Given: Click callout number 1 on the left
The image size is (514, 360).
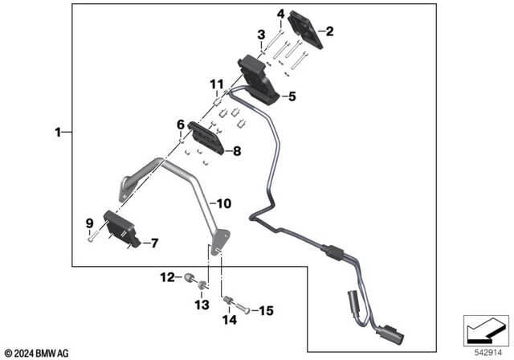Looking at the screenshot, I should (57, 131).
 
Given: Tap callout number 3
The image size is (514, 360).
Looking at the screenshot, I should (260, 35).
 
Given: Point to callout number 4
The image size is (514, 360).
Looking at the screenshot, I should (280, 14).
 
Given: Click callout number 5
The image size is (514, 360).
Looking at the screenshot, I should (292, 96).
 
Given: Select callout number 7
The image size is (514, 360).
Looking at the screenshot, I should (155, 241).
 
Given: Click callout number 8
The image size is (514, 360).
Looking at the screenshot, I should (237, 150).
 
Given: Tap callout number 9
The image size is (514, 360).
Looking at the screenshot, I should (89, 223).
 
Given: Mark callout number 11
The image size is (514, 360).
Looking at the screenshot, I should (215, 84).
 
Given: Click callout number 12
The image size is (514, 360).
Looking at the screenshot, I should (166, 277).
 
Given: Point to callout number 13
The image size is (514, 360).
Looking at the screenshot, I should (201, 305).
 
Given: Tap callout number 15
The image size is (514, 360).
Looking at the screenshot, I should (266, 309).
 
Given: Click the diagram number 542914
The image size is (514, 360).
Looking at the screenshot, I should (486, 351).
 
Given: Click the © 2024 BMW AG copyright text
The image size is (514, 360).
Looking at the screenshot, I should (37, 353).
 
